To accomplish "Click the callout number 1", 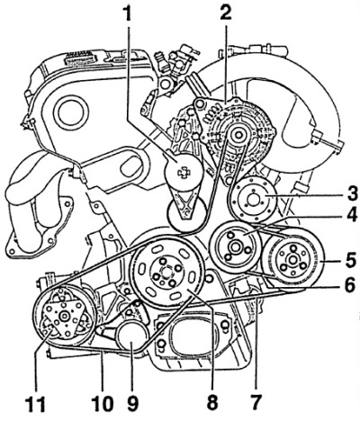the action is (129, 13).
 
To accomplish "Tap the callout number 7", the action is (256, 402).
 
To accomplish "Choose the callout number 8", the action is (212, 402).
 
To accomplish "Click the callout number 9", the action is (132, 402).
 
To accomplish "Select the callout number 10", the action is (102, 402).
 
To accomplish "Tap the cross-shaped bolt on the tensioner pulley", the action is (183, 172).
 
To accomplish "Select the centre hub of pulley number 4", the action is (234, 248).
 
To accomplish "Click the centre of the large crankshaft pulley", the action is (166, 273).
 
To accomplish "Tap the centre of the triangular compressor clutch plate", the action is (64, 317).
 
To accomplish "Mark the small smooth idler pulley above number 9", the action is (132, 336).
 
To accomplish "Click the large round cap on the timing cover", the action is (71, 113).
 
